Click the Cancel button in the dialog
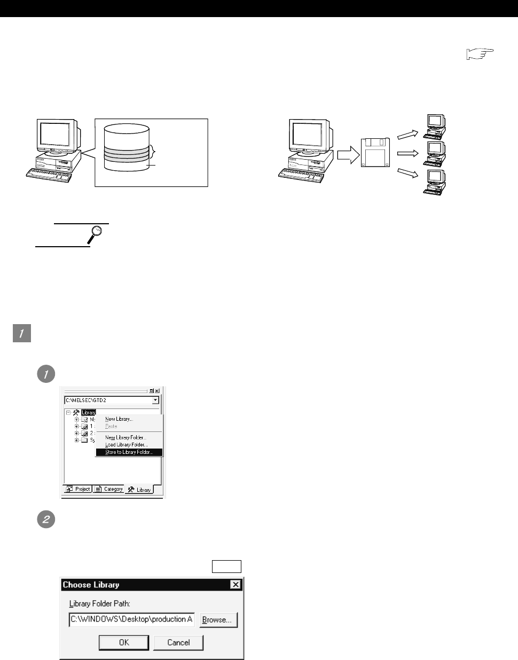click(178, 642)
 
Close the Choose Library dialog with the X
click(236, 585)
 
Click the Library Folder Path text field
click(132, 619)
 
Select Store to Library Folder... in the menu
click(129, 452)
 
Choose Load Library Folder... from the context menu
click(126, 445)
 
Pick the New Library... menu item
click(119, 419)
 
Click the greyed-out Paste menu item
click(111, 426)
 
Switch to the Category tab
click(109, 489)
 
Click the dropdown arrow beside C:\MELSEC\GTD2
click(155, 400)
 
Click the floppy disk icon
click(376, 152)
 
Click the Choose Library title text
click(91, 585)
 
